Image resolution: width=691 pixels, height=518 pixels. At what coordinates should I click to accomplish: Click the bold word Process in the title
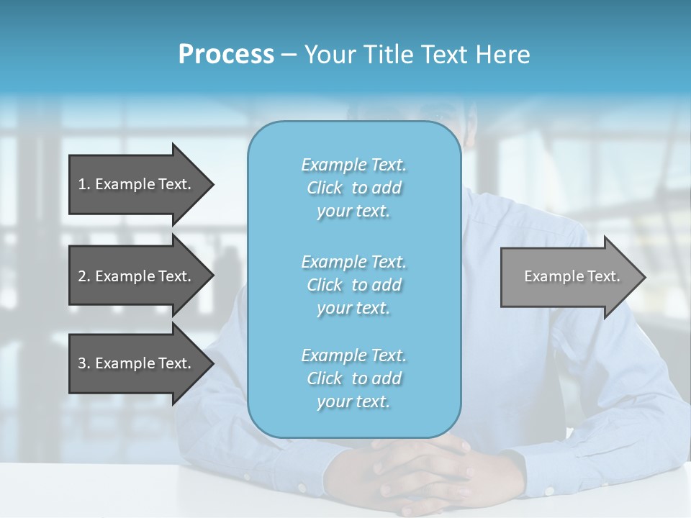226,54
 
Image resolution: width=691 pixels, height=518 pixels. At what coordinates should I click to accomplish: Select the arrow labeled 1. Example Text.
135,184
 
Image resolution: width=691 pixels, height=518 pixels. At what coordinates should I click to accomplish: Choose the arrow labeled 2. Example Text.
135,276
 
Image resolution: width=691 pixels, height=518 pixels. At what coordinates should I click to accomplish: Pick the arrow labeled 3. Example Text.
135,363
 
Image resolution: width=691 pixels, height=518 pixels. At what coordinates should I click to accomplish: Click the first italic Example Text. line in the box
353,165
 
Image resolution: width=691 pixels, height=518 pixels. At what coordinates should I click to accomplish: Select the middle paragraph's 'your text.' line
353,308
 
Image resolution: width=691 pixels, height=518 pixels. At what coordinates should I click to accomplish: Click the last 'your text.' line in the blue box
353,401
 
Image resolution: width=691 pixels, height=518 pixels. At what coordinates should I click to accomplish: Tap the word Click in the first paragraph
324,188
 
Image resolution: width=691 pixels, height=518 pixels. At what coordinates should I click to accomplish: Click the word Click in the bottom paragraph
324,378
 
